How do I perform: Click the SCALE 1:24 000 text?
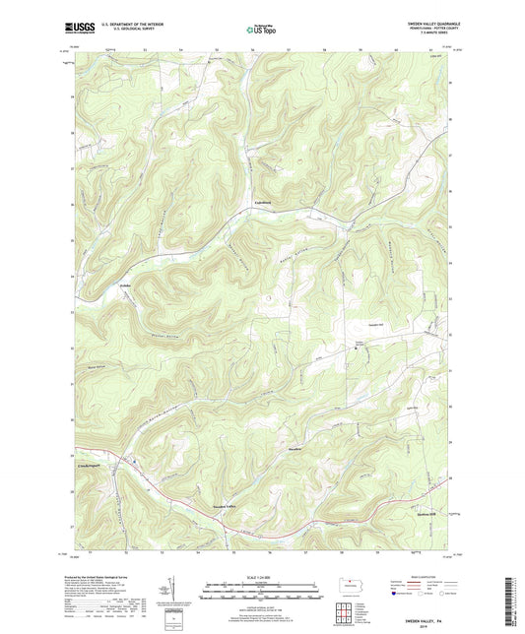pyautogui.click(x=262, y=577)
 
